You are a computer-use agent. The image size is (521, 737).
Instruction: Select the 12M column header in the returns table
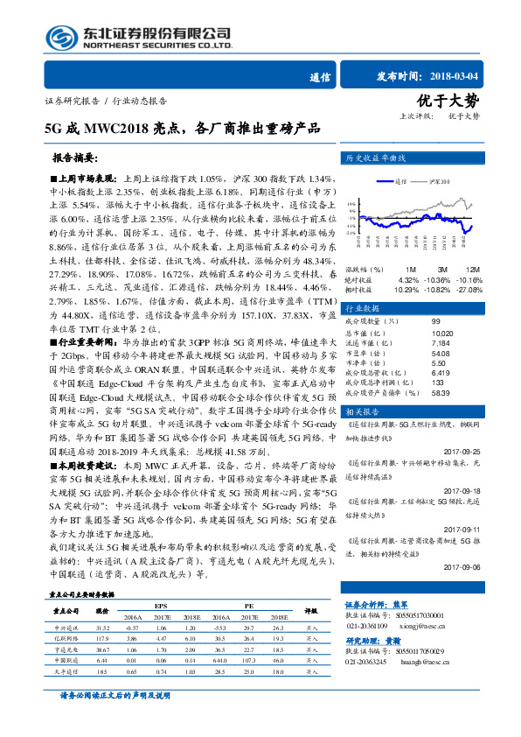click(x=472, y=268)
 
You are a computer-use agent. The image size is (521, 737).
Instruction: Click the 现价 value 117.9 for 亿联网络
click(x=101, y=640)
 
